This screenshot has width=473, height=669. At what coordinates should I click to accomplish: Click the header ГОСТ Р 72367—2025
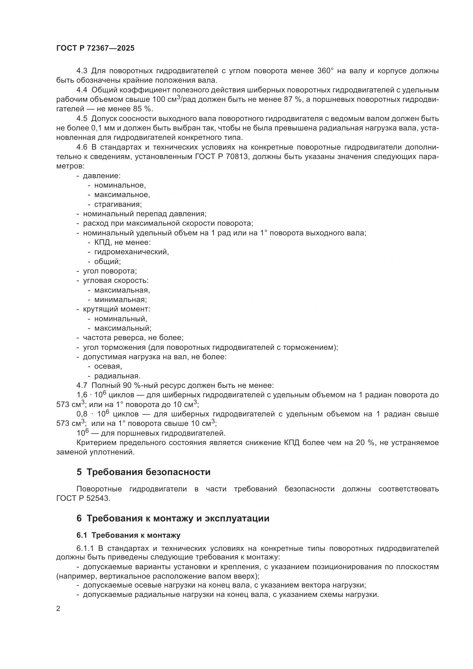pos(95,48)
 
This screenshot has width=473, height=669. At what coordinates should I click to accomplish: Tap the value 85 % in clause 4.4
pos(143,109)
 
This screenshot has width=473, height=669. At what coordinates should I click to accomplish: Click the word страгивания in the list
pos(118,204)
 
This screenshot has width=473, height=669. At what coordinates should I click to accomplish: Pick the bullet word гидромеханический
pos(131,252)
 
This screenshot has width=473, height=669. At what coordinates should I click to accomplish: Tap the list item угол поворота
pos(110,271)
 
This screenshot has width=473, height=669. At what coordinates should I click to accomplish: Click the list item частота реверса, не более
pos(133,338)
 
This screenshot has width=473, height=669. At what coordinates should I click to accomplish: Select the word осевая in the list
pos(108,366)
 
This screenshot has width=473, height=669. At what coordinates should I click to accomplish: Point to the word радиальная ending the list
pos(117,376)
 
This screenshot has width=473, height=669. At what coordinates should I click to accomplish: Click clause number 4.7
pos(82,386)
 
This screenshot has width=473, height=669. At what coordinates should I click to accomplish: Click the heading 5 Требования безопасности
pos(143,472)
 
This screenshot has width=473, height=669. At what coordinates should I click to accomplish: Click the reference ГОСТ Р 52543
pos(83,498)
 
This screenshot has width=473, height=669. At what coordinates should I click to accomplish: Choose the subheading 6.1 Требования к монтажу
pos(128,535)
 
